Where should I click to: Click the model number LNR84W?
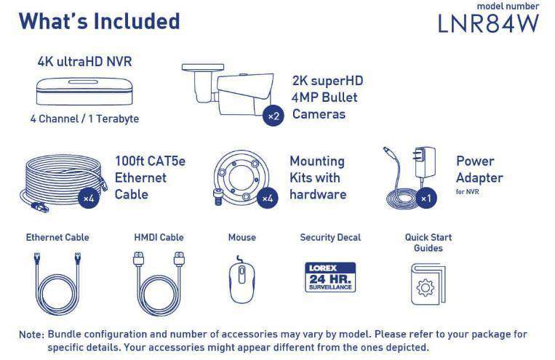488,23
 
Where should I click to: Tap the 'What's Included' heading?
99,21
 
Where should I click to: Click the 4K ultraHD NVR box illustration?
85,92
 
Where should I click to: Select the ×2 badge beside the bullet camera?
273,116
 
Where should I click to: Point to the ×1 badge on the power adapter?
426,198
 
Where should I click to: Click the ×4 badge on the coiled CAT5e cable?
88,199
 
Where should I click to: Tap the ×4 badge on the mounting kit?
267,199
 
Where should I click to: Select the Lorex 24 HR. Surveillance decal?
330,277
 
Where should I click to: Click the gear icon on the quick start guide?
425,287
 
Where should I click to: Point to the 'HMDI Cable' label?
159,237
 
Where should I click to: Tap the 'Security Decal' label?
330,237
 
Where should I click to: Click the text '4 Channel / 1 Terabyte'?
84,119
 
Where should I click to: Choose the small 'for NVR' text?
467,191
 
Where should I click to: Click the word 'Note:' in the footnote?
31,334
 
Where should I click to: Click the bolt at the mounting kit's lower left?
218,196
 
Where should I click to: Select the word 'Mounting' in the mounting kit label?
317,161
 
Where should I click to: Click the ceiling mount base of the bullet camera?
203,67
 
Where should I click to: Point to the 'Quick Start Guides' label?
428,242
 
